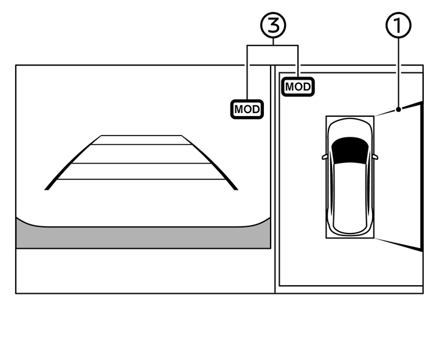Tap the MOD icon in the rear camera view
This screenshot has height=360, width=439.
coord(247,109)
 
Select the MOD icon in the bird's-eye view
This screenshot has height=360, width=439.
coord(298,86)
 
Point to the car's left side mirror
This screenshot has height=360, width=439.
coord(325,157)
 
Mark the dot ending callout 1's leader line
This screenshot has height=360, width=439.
coord(398,109)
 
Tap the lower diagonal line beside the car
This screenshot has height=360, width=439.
coord(398,244)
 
